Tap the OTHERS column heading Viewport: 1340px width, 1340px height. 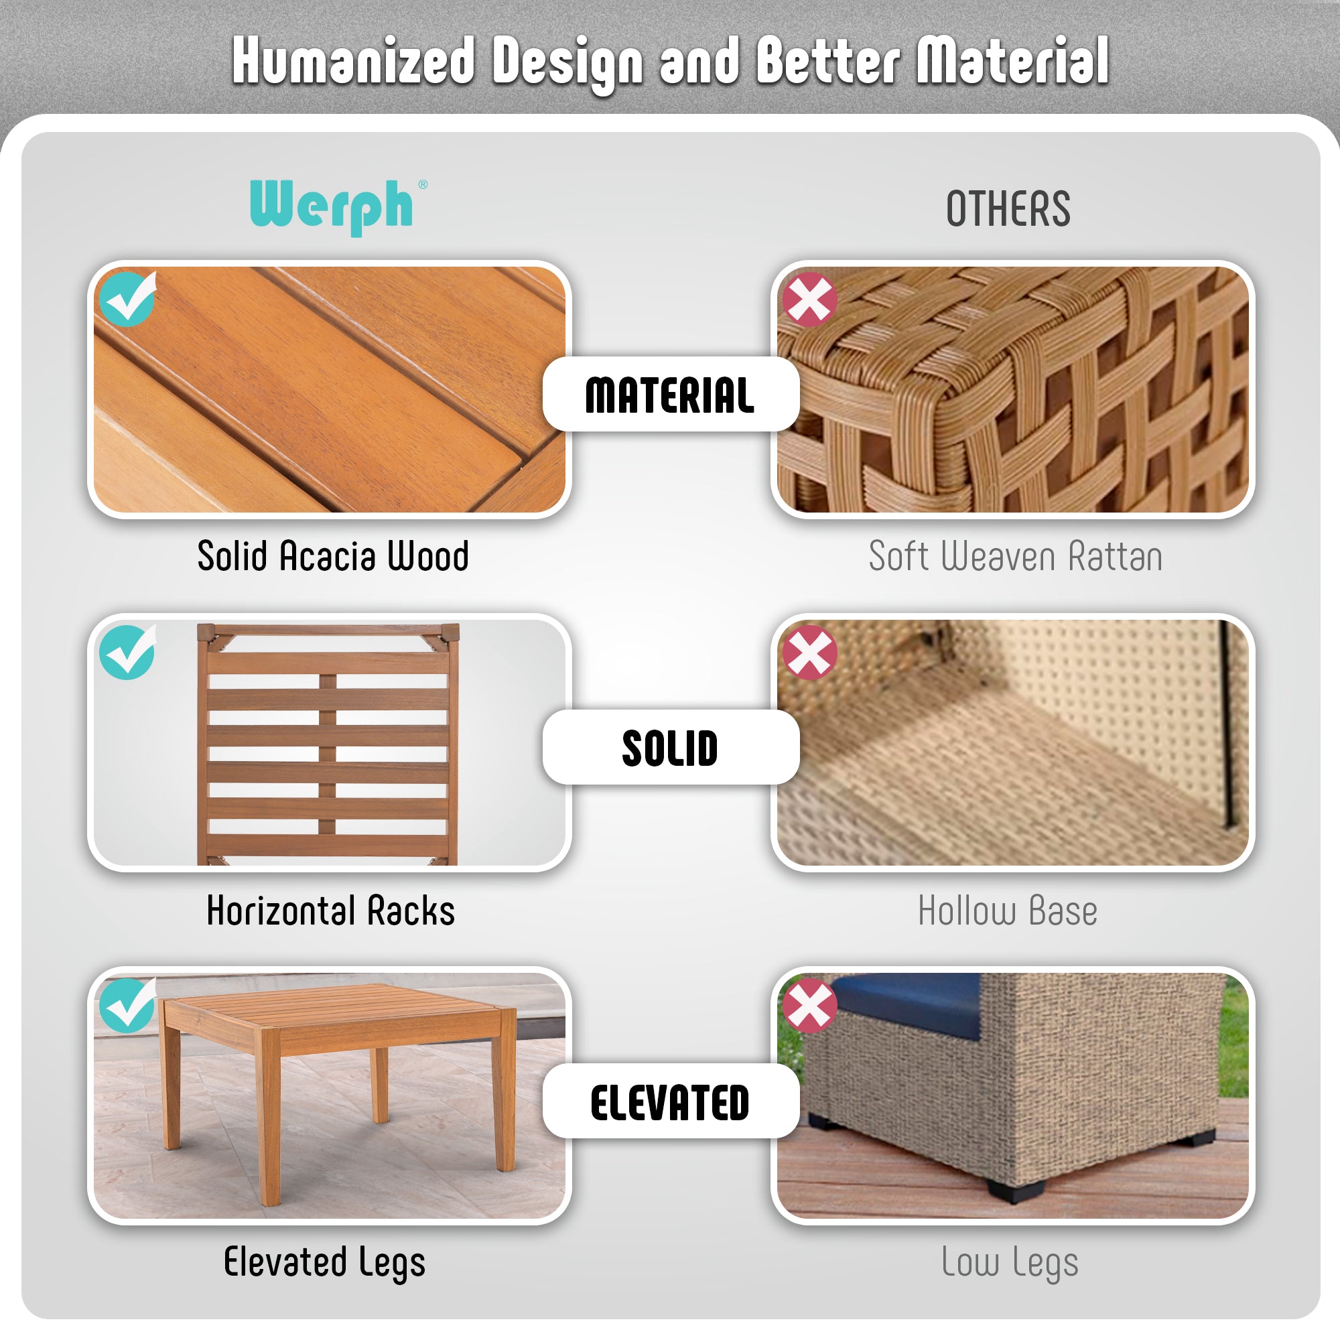[x=1008, y=209]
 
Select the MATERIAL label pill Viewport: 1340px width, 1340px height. [x=671, y=394]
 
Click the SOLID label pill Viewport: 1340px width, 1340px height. [x=671, y=747]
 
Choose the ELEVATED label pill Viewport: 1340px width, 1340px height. [x=671, y=1101]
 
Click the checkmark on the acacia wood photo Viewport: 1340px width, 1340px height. [x=127, y=298]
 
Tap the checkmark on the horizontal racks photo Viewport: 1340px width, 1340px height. [x=127, y=651]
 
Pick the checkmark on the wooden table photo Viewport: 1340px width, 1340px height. [x=127, y=1004]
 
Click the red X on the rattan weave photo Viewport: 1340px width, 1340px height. [x=809, y=299]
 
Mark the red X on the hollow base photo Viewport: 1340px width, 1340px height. [x=809, y=653]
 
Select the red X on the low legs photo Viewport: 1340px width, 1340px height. [x=809, y=1006]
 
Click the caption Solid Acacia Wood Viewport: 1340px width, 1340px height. [x=333, y=555]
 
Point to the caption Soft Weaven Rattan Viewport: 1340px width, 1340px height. [x=1016, y=555]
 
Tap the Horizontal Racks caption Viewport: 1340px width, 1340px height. [x=331, y=910]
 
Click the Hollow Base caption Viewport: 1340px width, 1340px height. [x=1008, y=910]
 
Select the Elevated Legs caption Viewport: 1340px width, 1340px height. [x=324, y=1263]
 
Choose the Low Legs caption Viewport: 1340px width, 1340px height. [x=1010, y=1263]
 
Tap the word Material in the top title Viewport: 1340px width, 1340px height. [x=1012, y=61]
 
